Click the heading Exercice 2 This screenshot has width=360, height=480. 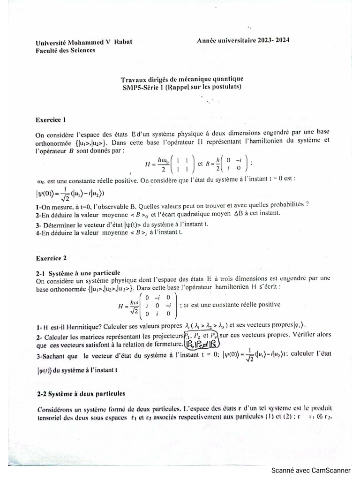[x=52, y=257]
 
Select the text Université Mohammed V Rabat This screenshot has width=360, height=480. [x=84, y=42]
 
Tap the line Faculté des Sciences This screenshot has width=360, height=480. [x=65, y=50]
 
